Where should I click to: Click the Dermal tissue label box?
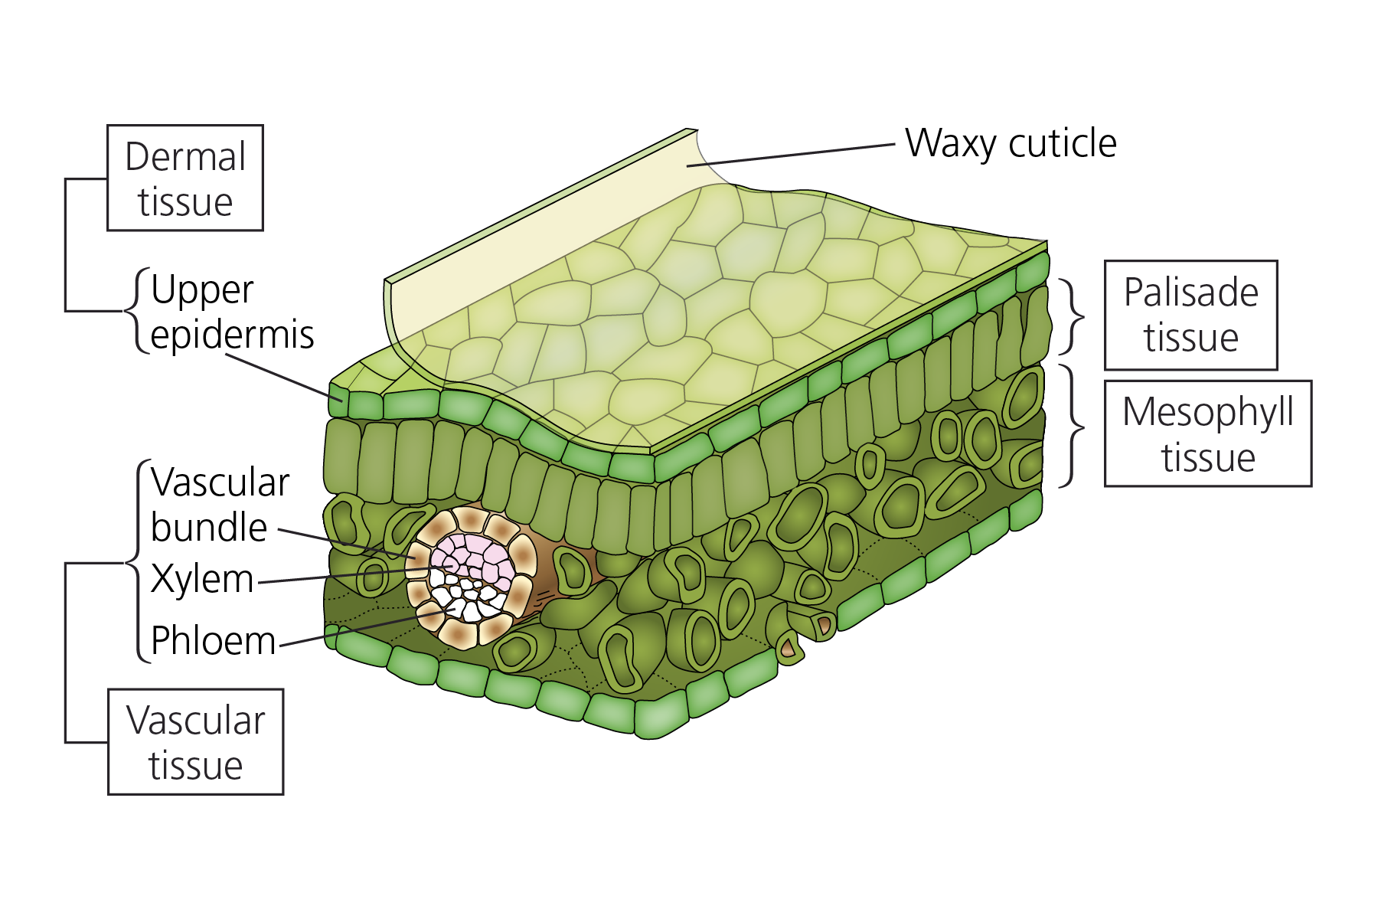click(x=185, y=178)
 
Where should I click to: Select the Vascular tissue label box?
click(x=196, y=741)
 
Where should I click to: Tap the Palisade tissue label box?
click(x=1190, y=315)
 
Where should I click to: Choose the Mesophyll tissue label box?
click(x=1208, y=433)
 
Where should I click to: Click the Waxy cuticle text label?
click(x=1011, y=143)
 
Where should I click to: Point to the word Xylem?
click(x=202, y=579)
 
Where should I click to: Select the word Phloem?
click(x=213, y=640)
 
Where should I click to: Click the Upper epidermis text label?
click(x=232, y=312)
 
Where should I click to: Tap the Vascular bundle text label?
click(x=220, y=505)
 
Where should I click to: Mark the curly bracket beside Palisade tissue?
click(x=1072, y=316)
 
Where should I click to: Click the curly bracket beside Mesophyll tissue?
click(x=1072, y=426)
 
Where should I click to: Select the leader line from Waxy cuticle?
click(x=791, y=155)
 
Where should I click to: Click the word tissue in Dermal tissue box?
click(x=185, y=202)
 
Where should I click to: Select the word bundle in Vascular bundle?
click(x=209, y=527)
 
